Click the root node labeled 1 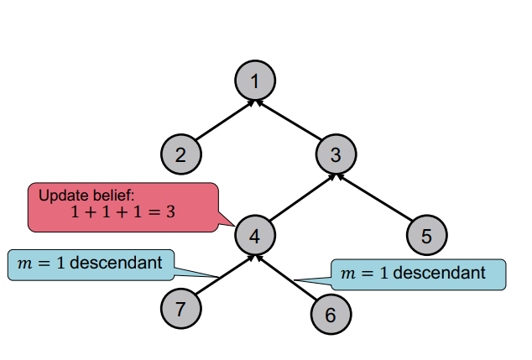(255, 81)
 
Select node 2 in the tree (182, 154)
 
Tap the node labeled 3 (336, 154)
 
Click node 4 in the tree (255, 236)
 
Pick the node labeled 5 (427, 236)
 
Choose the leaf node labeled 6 (330, 315)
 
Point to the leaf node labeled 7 (181, 308)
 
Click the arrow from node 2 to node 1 (223, 121)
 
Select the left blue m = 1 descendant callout (90, 263)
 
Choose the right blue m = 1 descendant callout (419, 274)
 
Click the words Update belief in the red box (81, 196)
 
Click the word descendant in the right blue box (440, 274)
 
